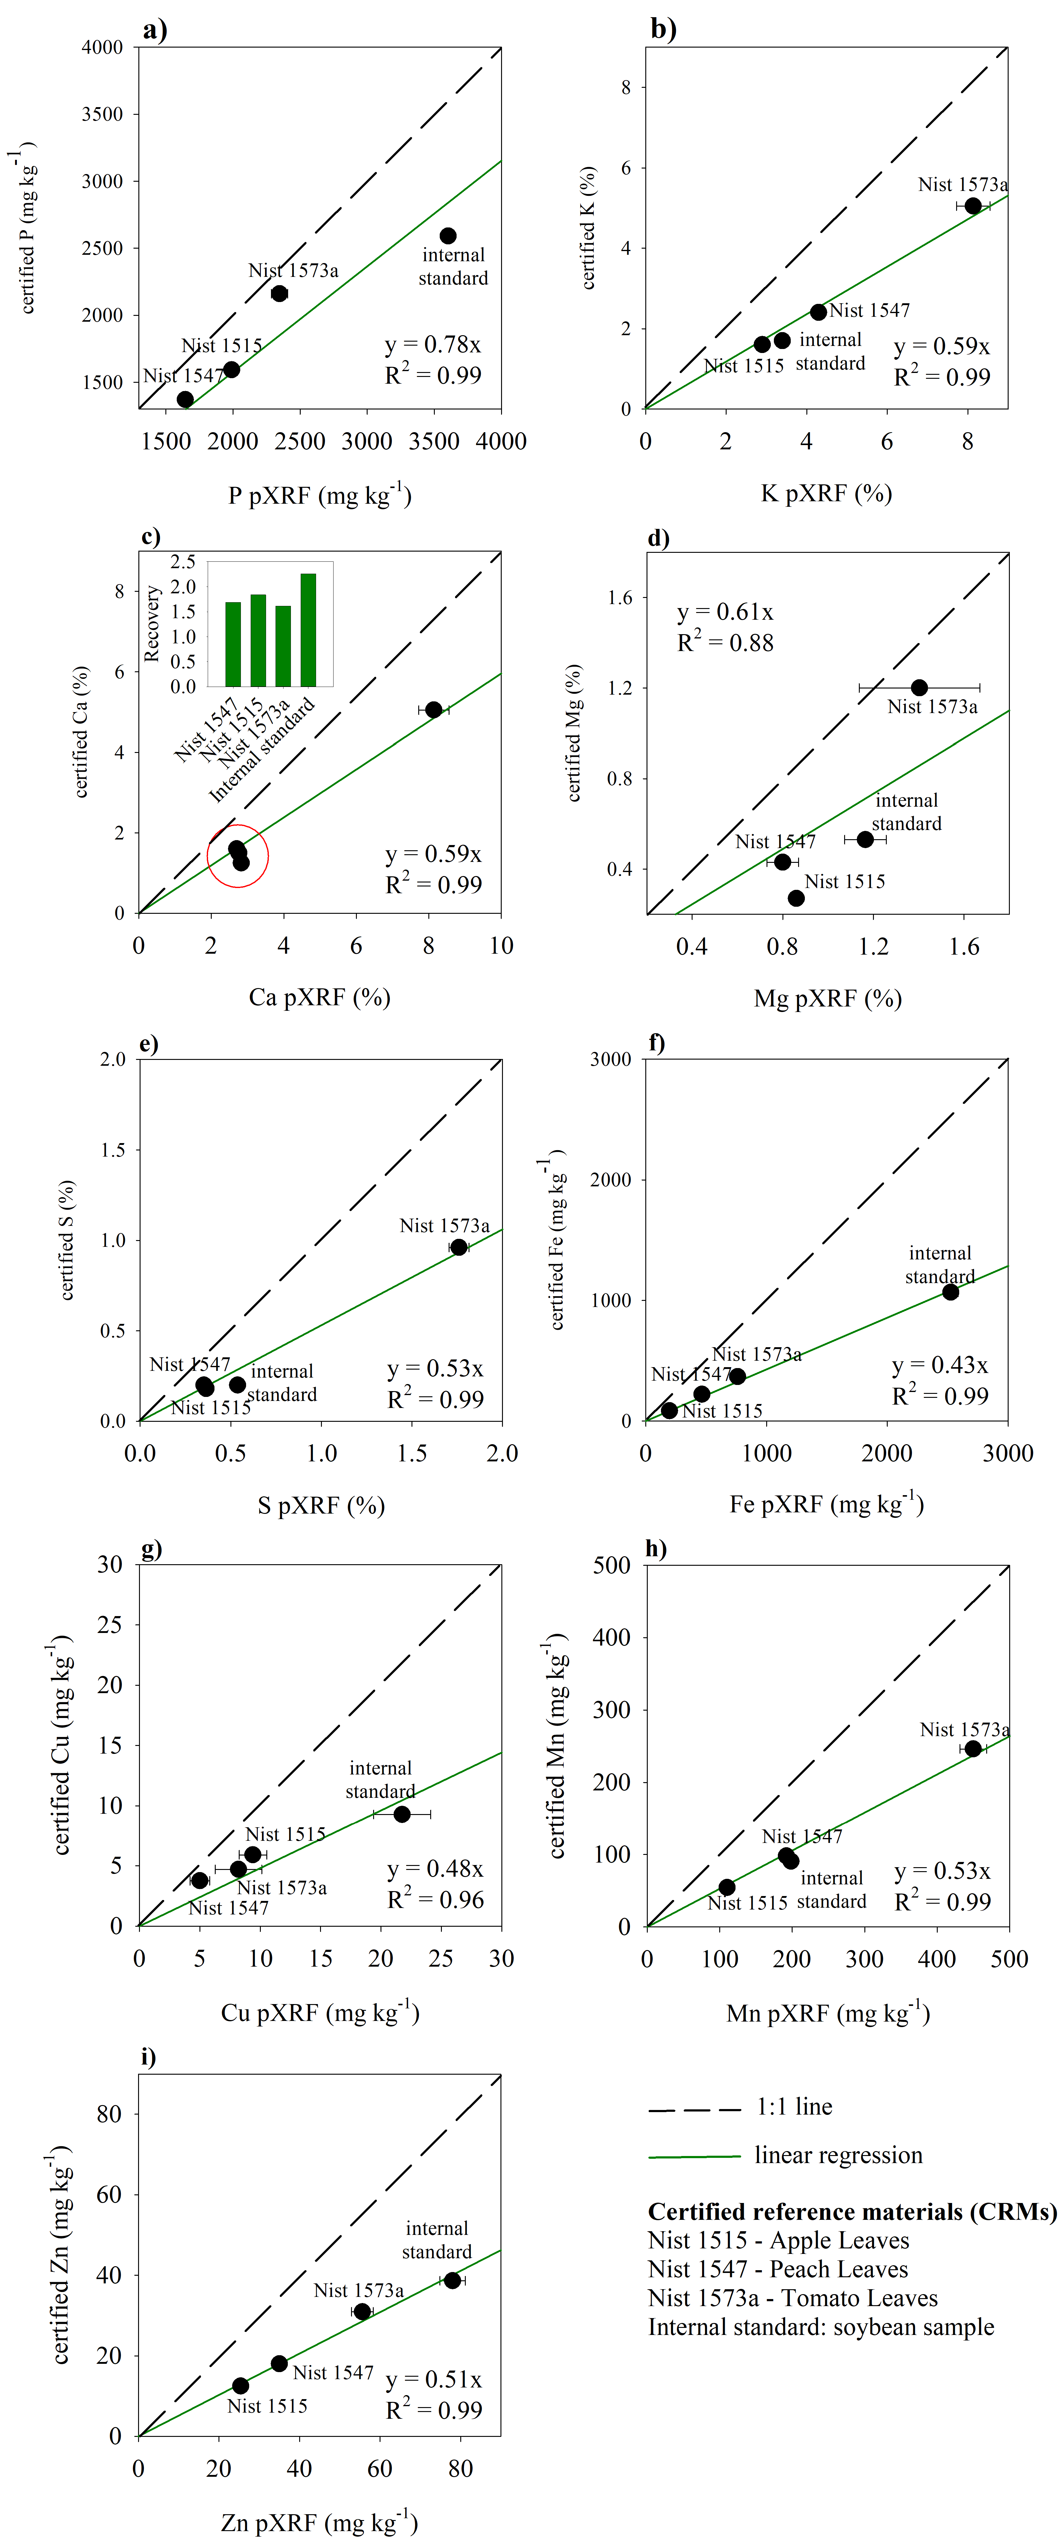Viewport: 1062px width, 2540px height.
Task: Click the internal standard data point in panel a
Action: coord(448,236)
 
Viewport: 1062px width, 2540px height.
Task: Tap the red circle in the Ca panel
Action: coord(238,856)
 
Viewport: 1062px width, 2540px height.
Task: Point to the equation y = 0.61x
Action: coord(725,612)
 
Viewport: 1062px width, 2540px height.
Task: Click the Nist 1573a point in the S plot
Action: coord(458,1247)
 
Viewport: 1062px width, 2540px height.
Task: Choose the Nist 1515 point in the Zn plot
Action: coord(241,2385)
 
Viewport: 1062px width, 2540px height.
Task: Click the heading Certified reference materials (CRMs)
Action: coord(852,2212)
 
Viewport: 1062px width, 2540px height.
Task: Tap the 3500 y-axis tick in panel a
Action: coord(102,114)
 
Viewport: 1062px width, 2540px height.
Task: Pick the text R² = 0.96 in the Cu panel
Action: coord(435,1900)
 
